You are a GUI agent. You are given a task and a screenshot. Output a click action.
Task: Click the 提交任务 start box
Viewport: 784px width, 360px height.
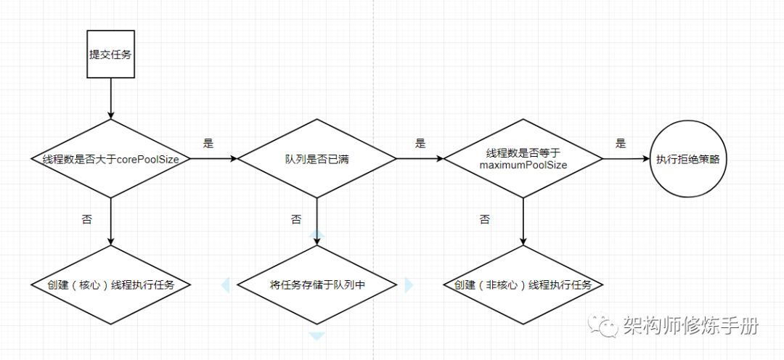(110, 54)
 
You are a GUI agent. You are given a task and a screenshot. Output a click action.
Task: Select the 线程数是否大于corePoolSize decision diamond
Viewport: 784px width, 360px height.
(110, 158)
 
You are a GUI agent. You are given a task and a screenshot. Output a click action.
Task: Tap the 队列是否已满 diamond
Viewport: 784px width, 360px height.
(317, 158)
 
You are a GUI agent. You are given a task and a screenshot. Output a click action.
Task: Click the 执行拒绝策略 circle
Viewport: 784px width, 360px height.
(687, 159)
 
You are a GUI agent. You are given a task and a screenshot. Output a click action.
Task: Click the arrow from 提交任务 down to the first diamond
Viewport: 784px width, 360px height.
(110, 99)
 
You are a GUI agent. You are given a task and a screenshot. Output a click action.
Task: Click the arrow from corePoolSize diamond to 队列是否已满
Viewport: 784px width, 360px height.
(213, 158)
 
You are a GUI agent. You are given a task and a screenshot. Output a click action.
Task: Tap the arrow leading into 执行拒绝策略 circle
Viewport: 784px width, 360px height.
(626, 158)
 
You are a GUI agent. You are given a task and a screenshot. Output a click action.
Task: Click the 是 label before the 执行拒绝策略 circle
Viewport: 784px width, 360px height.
(620, 144)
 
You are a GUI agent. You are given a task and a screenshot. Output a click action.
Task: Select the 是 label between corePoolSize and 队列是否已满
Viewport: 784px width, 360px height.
(209, 144)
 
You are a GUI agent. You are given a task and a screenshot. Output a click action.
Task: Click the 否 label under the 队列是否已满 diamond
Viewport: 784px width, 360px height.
(295, 218)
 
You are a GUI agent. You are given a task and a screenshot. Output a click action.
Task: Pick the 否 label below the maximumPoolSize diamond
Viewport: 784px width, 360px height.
(484, 219)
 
